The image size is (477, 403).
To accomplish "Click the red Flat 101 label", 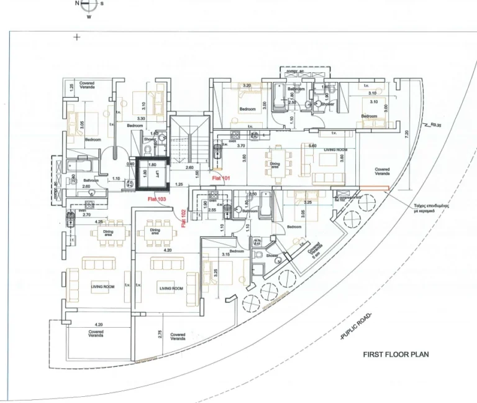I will pyautogui.click(x=222, y=178).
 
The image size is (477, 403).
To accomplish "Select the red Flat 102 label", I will pyautogui.click(x=185, y=218).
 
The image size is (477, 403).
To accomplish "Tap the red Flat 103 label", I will pyautogui.click(x=156, y=199).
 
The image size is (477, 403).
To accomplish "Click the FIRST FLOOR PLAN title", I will pyautogui.click(x=396, y=354).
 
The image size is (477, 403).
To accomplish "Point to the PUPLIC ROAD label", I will pyautogui.click(x=356, y=328).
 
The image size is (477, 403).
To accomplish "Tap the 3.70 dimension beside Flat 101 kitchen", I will pyautogui.click(x=241, y=146).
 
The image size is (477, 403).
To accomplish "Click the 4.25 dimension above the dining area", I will pyautogui.click(x=99, y=221).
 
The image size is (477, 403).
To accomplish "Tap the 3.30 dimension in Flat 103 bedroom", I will pyautogui.click(x=141, y=118).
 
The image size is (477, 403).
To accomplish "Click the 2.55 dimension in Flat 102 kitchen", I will pyautogui.click(x=212, y=210).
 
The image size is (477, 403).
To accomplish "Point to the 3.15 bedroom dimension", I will pyautogui.click(x=225, y=254).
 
